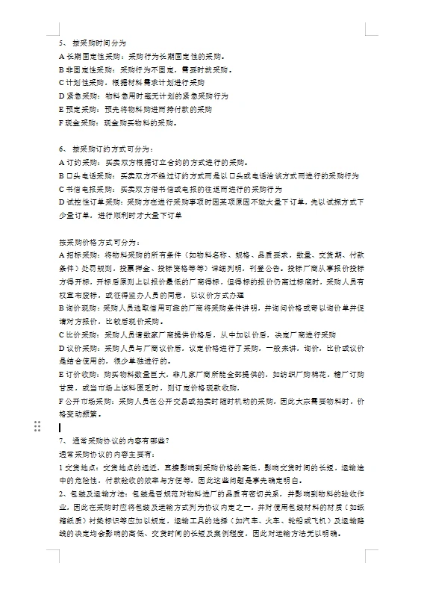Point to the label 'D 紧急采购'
point(78,96)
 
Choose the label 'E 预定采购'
point(78,109)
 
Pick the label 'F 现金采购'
point(78,122)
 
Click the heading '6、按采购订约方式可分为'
point(105,149)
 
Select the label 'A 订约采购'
point(78,162)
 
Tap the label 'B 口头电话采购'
point(87,175)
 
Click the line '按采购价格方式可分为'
point(98,241)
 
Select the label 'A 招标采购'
point(78,255)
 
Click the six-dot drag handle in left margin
point(37,426)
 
